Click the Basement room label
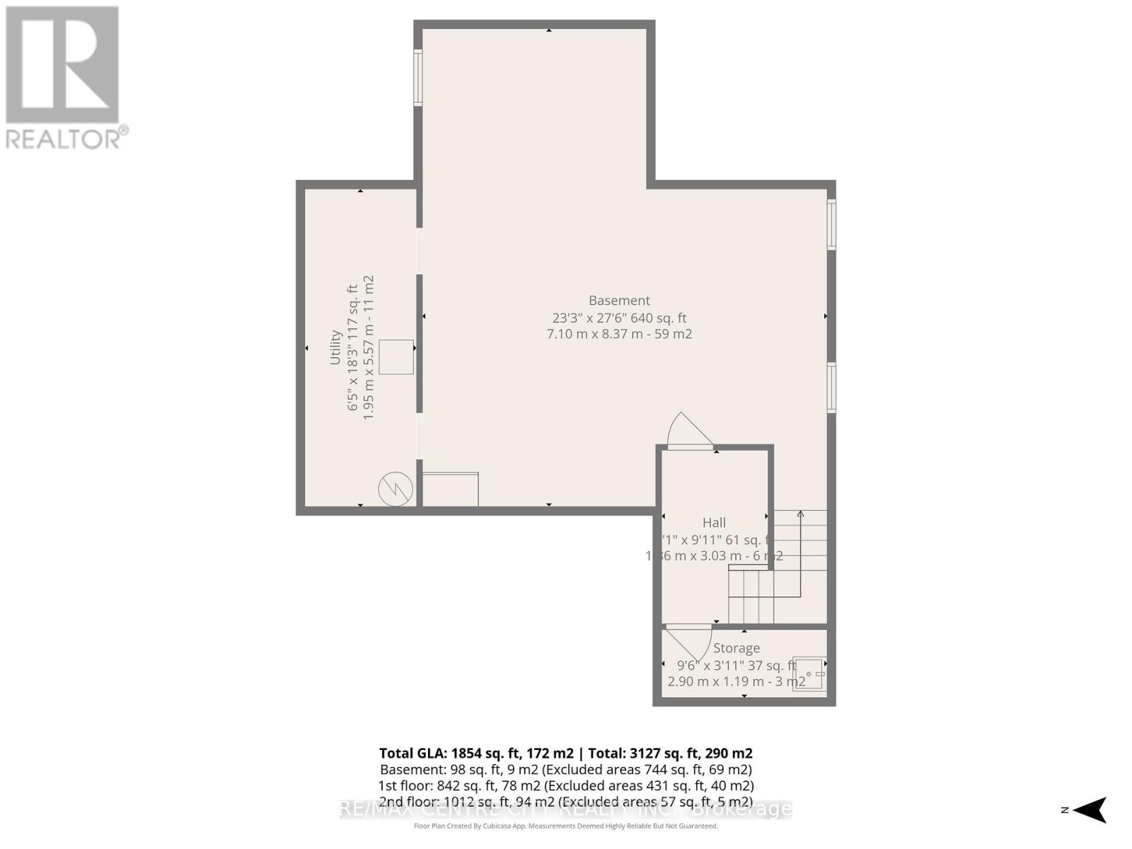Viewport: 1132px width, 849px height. click(619, 301)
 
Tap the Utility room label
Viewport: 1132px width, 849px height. click(335, 347)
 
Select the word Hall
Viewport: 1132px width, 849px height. click(714, 523)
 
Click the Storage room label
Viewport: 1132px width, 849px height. click(737, 648)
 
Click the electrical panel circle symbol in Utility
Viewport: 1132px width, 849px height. click(395, 489)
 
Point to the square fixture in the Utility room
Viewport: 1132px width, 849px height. click(396, 357)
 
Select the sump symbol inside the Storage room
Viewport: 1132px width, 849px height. click(809, 674)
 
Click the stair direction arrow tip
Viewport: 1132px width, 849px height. click(801, 513)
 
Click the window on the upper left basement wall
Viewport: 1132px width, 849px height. click(418, 78)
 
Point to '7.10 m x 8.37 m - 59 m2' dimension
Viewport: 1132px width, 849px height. click(619, 334)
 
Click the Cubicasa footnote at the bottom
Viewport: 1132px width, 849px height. click(566, 826)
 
